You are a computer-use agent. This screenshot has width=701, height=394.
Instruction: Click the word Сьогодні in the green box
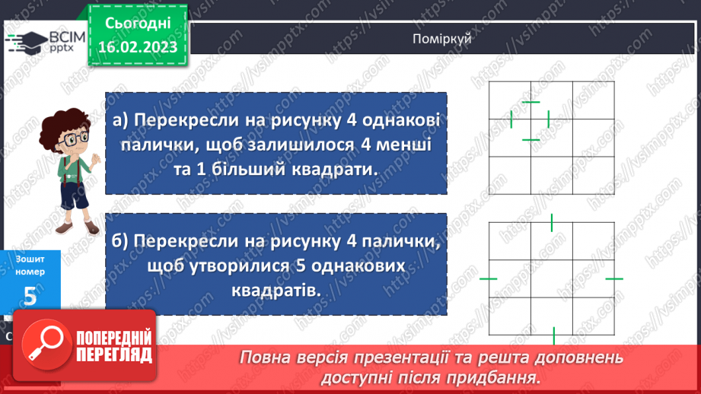pos(137,24)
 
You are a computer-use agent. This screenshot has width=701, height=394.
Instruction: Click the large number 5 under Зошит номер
pos(30,296)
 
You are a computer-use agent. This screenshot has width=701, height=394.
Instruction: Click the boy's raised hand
pos(96,158)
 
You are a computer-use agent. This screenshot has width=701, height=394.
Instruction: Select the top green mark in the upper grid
pos(531,102)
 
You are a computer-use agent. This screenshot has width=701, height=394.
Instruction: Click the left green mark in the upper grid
pos(511,119)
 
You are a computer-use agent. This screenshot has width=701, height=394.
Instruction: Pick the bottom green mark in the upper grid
pos(531,139)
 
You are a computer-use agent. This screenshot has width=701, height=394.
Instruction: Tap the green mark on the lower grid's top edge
pos(552,222)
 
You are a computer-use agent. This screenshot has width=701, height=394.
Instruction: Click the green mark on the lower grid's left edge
pos(489,279)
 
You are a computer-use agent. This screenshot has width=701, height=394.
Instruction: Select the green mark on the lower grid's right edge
pos(614,279)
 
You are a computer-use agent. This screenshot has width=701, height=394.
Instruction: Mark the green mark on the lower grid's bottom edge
pos(553,335)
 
